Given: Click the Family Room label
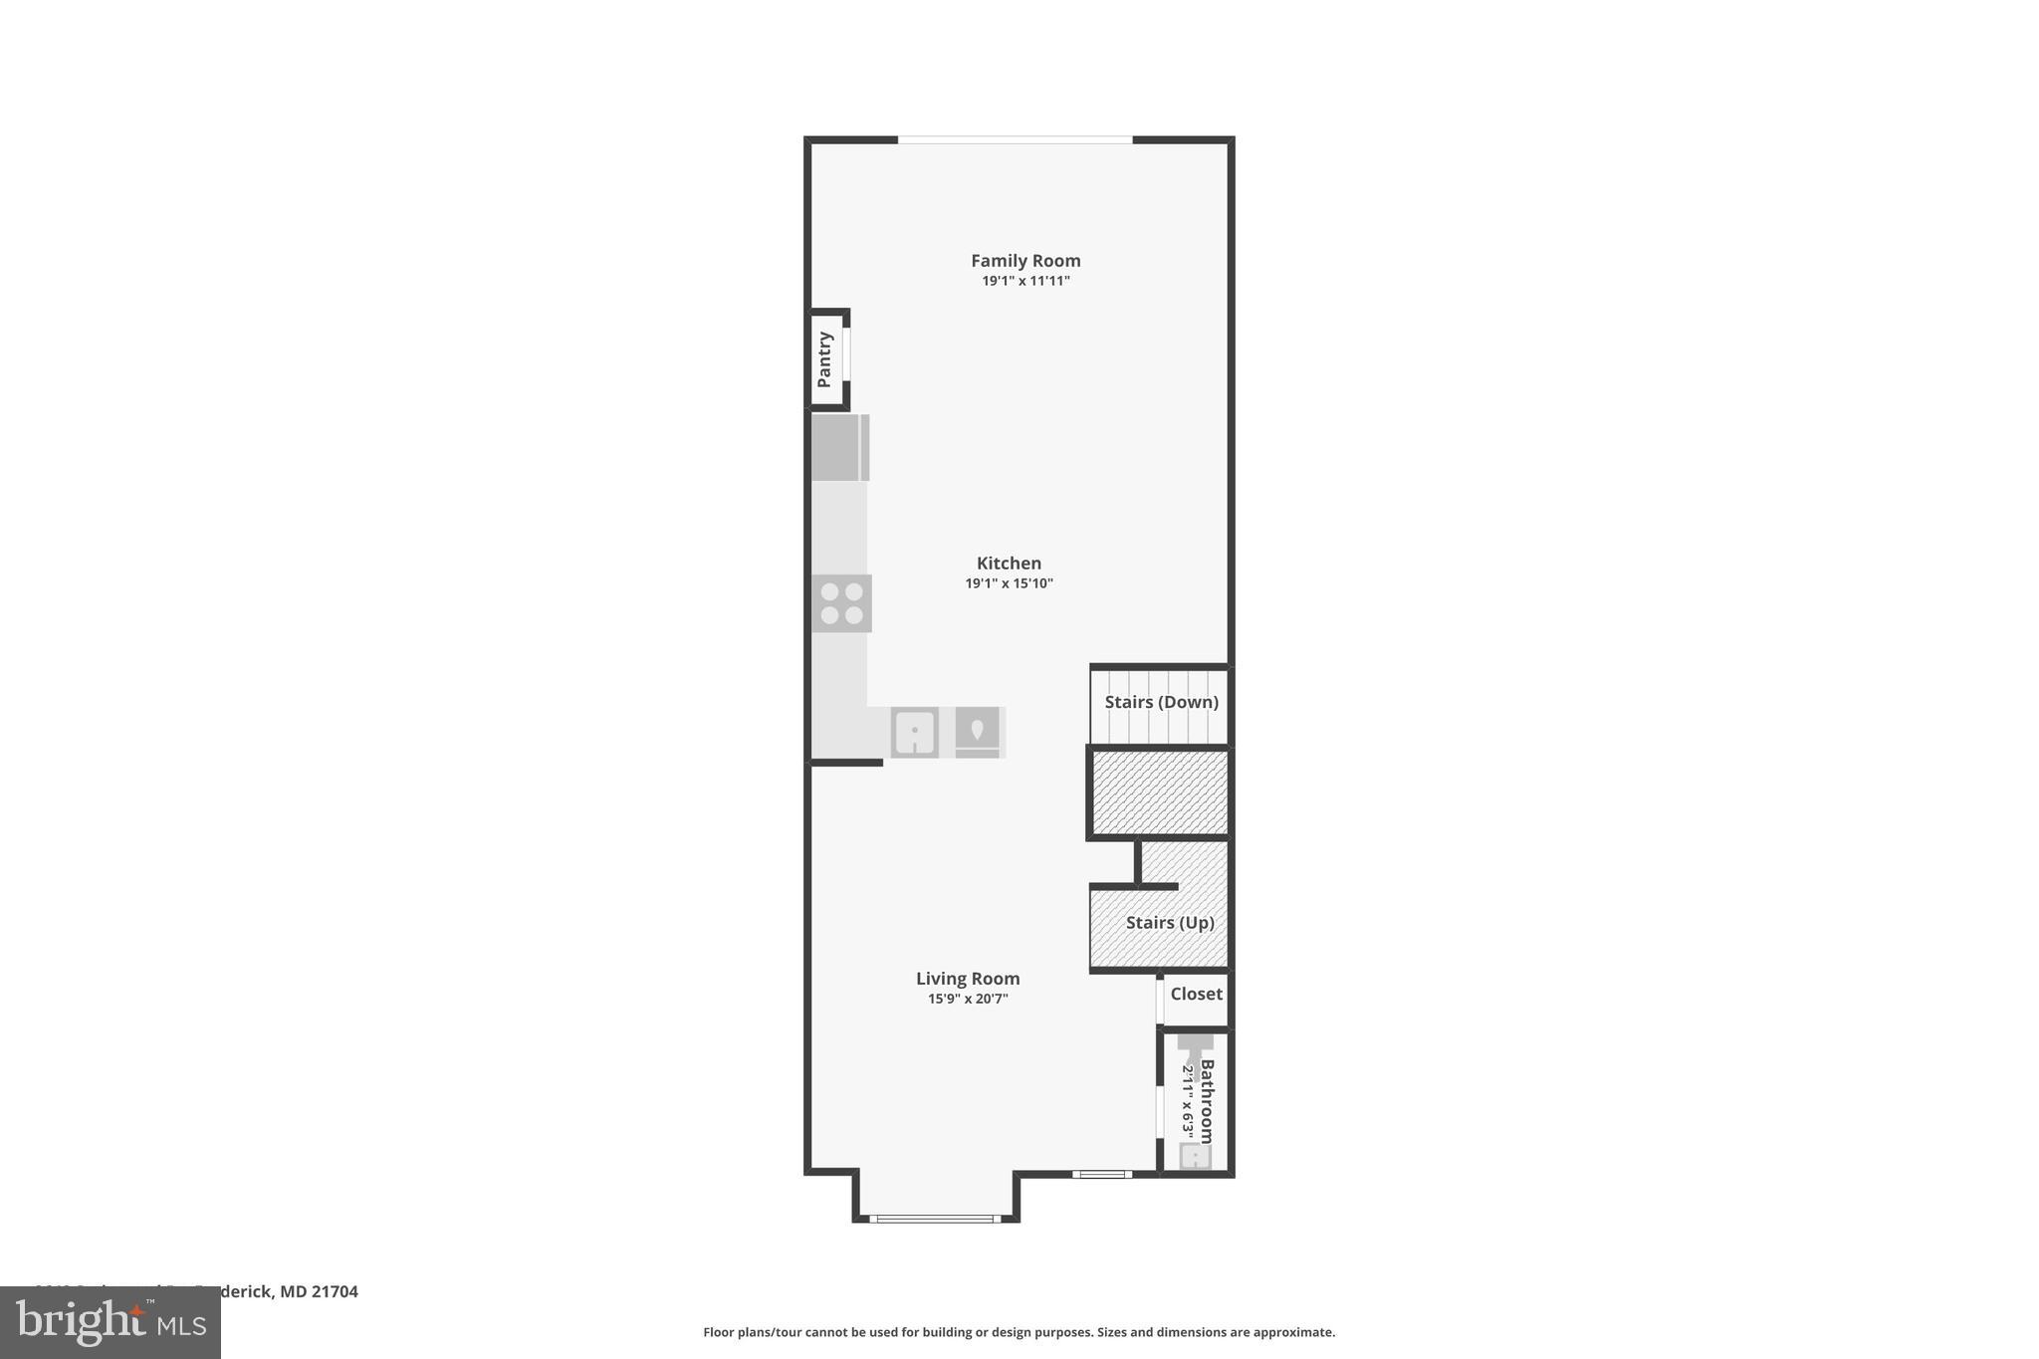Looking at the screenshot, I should coord(1025,261).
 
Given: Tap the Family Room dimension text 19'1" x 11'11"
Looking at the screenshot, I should coord(1025,282).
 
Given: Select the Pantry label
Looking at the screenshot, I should coord(824,359).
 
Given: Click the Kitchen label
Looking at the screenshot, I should coord(1009,564).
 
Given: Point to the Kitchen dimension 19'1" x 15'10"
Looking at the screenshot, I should coord(1009,584).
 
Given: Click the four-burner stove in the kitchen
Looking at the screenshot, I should coord(841,603).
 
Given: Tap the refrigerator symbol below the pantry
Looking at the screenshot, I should coord(839,448).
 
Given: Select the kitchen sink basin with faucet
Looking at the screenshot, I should coord(914,733).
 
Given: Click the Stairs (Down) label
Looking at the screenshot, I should coord(1161,702).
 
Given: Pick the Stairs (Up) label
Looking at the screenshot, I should coord(1170,923).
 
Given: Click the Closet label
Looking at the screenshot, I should coord(1196,994).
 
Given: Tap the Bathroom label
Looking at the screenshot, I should coord(1207,1101).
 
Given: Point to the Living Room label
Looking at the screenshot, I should coord(968,979).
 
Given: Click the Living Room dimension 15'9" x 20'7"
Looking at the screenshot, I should coord(968,1000).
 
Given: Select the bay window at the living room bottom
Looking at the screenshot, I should coord(935,1218).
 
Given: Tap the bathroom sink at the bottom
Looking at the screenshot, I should coord(1195,1156).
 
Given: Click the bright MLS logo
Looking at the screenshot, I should coord(111,1322).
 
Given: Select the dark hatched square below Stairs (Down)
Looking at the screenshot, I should coord(1160,793).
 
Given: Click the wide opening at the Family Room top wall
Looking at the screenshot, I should coord(1015,140).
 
